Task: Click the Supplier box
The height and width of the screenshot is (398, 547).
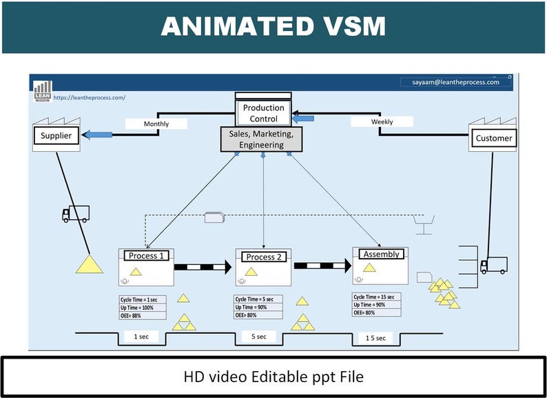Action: tap(56, 136)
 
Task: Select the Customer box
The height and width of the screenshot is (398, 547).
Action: tap(493, 138)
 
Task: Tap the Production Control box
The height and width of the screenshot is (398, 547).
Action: tap(263, 113)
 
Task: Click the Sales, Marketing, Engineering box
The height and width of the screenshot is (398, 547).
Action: tap(261, 139)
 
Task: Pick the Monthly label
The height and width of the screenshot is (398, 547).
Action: tap(156, 124)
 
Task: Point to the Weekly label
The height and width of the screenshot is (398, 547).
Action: tap(382, 121)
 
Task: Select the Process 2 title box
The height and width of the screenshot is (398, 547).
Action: tap(261, 257)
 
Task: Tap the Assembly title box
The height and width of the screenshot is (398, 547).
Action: tap(381, 254)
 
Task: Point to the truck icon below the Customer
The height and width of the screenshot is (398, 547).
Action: tap(493, 265)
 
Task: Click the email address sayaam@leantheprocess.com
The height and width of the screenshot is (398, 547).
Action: tap(455, 82)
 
